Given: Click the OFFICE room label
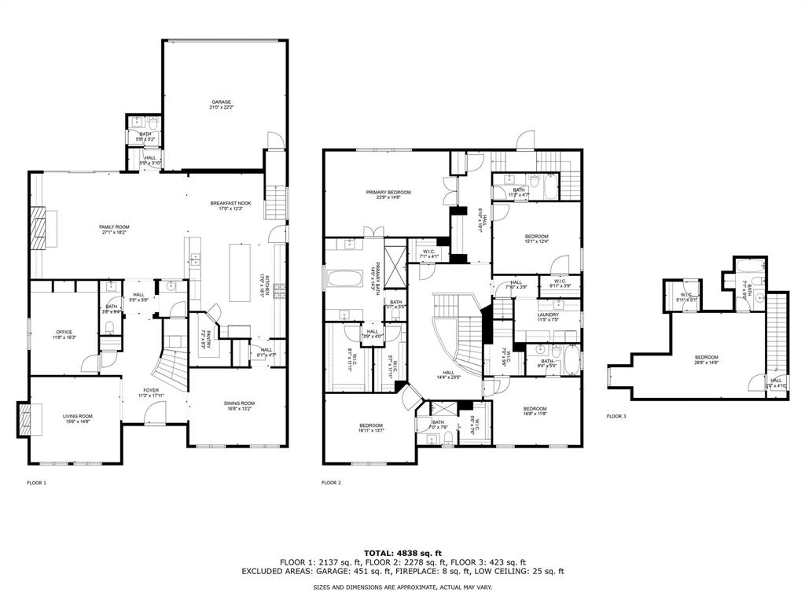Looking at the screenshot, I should [x=64, y=333].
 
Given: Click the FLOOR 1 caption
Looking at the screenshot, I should [x=37, y=482].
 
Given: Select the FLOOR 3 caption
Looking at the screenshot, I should [x=616, y=416].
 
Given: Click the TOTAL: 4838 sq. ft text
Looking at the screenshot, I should [x=402, y=553].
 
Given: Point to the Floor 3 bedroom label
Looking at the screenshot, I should [x=705, y=360].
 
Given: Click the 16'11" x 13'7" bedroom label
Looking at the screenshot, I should [x=369, y=428].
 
